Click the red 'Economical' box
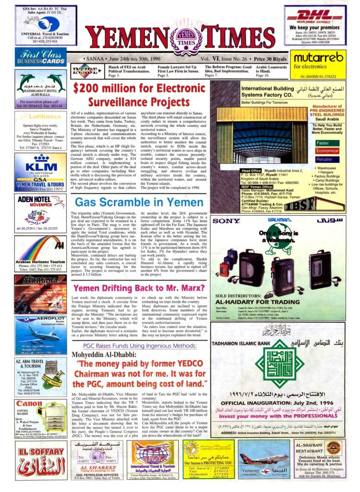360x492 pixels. tap(327, 151)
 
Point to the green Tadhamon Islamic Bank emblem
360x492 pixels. tap(276, 365)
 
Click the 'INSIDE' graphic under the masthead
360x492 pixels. tap(85, 71)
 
